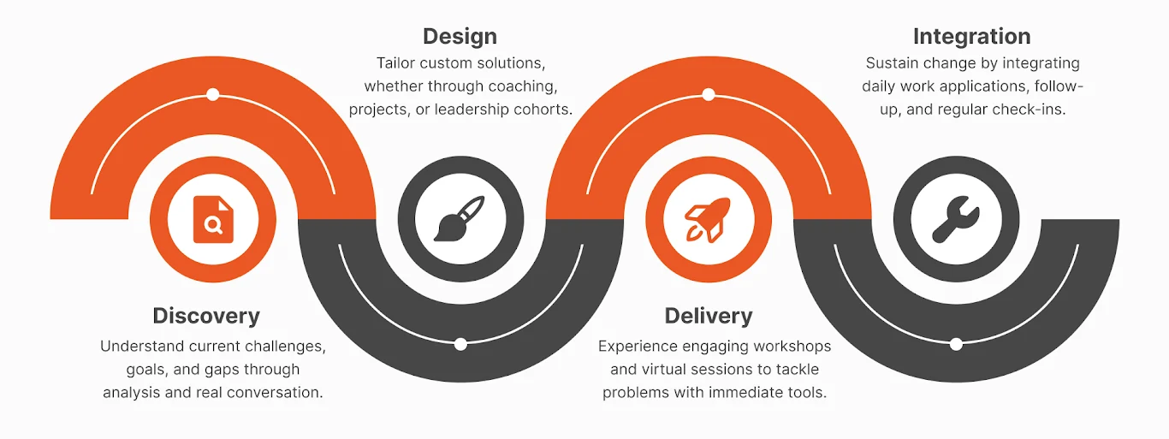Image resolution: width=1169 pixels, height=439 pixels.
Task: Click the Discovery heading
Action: point(205,316)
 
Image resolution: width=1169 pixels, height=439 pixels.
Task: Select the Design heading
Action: point(460,37)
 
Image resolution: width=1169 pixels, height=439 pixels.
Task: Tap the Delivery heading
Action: point(709,316)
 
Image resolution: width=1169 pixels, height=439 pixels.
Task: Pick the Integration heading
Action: point(971,37)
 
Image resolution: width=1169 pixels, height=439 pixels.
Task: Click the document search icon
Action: point(213,219)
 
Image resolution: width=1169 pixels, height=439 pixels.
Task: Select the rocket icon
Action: point(708,219)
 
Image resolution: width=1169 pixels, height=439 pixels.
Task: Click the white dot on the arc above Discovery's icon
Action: point(213,94)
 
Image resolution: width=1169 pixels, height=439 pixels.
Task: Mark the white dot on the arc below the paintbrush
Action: point(460,344)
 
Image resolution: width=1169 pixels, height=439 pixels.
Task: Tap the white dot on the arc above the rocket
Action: point(708,94)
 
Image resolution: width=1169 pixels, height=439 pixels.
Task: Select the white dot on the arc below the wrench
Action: point(956,344)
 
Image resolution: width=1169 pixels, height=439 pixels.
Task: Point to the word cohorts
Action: point(543,110)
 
